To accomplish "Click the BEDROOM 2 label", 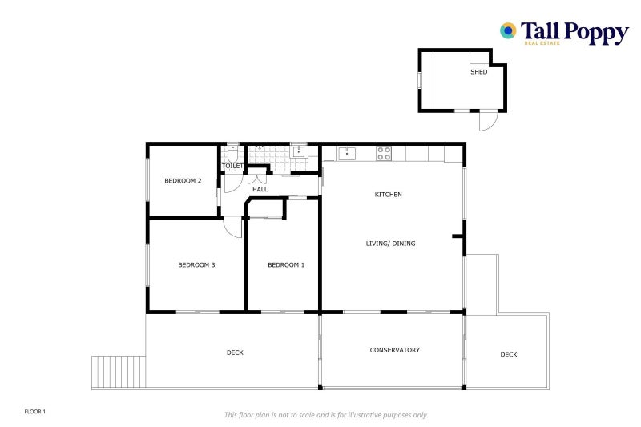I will pyautogui.click(x=183, y=181).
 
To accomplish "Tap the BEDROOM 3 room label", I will pyautogui.click(x=196, y=265).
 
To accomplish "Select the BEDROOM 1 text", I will pyautogui.click(x=286, y=265).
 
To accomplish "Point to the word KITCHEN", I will pyautogui.click(x=389, y=195).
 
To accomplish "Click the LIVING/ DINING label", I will pyautogui.click(x=391, y=244).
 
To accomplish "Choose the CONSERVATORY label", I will pyautogui.click(x=394, y=350).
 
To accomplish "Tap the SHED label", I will pyautogui.click(x=478, y=72).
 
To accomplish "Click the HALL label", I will pyautogui.click(x=260, y=190).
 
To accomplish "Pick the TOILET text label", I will pyautogui.click(x=232, y=166).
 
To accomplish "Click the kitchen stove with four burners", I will pyautogui.click(x=384, y=151).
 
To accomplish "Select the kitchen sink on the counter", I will pyautogui.click(x=346, y=151).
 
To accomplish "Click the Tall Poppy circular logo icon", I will pyautogui.click(x=507, y=30).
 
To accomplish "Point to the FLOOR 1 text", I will pyautogui.click(x=35, y=411).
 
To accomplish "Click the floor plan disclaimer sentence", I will pyautogui.click(x=325, y=414).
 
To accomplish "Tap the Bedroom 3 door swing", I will pyautogui.click(x=232, y=228).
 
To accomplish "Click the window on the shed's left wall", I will pyautogui.click(x=420, y=81).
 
